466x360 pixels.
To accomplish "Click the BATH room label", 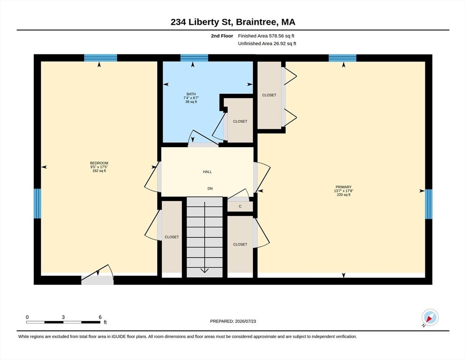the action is coord(191,94).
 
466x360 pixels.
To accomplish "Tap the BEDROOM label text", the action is coord(99,163).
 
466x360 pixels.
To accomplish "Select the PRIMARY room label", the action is coord(344,187).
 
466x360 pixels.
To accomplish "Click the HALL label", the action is coord(207,172).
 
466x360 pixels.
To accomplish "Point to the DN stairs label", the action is coord(210,188).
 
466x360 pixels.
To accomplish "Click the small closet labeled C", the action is coord(240,206).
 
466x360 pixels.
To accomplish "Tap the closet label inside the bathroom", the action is coord(240,121).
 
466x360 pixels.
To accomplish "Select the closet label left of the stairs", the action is coord(172,237).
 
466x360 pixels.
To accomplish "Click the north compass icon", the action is coord(430,317).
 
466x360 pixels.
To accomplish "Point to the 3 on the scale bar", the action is coord(63,317).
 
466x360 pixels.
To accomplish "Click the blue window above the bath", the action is coord(195,58).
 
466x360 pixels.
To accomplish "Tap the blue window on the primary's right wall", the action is coord(428,204).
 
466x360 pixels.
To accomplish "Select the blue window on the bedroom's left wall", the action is coord(37,203).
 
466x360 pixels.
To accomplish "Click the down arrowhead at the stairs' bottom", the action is coord(204,270).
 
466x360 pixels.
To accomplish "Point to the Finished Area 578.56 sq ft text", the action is coord(266,36).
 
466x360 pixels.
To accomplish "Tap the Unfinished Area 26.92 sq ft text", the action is coord(267,44).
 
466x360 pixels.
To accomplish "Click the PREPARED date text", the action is coord(233,322).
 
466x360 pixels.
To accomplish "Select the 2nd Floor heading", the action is coord(222,36).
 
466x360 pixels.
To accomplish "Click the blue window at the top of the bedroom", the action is coord(100,58).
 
